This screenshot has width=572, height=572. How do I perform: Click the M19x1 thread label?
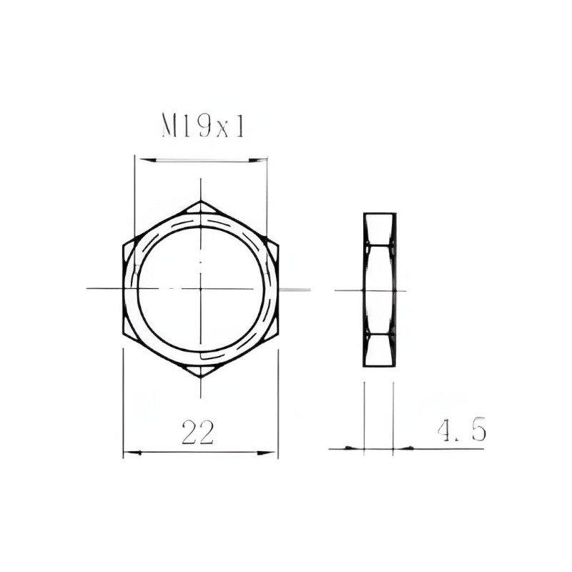click(203, 126)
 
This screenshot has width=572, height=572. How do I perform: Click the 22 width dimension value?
click(197, 433)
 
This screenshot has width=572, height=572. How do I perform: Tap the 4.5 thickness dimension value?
click(462, 430)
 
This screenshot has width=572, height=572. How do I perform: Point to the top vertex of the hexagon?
click(201, 201)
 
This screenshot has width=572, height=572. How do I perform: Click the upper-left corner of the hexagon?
click(123, 245)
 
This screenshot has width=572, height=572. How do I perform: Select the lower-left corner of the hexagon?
click(123, 333)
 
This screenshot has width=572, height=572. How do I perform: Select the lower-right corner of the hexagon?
click(278, 333)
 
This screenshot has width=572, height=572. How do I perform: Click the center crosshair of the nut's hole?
click(201, 289)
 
